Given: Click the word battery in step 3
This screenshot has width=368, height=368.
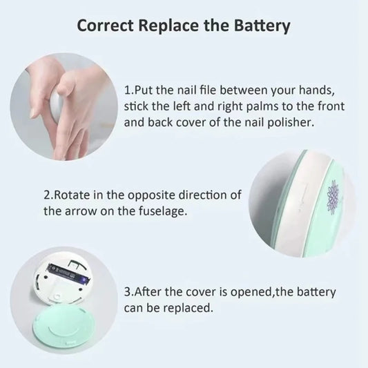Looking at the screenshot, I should pos(316,292).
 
